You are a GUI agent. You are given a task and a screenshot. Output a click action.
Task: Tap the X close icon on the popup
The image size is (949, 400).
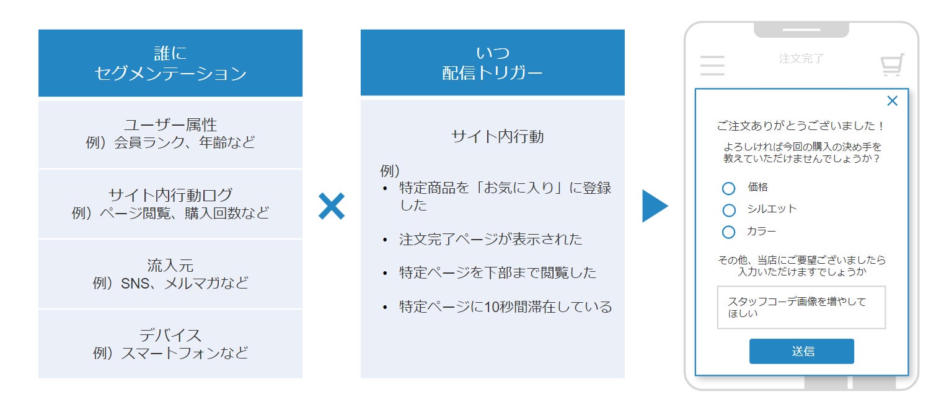click(x=892, y=101)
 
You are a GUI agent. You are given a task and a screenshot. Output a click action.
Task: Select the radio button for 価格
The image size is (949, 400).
click(x=729, y=188)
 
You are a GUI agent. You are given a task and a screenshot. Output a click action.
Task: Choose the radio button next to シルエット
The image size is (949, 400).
click(x=729, y=211)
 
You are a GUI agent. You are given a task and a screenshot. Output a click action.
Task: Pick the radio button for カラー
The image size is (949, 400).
click(x=729, y=232)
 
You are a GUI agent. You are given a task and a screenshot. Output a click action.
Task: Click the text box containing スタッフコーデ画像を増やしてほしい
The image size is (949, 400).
click(x=801, y=307)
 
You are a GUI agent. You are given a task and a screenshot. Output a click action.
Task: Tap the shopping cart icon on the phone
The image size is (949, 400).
click(x=892, y=65)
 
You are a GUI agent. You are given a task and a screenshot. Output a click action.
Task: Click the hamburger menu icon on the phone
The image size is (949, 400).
click(x=712, y=65)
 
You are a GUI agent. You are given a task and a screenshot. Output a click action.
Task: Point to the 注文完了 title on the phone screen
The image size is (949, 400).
click(x=801, y=59)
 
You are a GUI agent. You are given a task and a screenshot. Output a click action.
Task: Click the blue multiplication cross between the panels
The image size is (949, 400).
click(x=332, y=206)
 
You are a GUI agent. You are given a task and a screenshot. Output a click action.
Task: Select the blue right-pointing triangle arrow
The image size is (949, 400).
click(x=654, y=206)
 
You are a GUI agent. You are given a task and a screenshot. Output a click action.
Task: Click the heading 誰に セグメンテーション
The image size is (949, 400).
click(x=170, y=63)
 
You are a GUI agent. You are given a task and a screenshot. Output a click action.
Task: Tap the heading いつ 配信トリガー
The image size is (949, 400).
click(x=492, y=63)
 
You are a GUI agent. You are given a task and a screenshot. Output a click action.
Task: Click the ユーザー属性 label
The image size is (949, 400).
click(x=170, y=125)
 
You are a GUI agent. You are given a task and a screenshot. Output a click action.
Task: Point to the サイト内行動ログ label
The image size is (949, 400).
click(x=170, y=195)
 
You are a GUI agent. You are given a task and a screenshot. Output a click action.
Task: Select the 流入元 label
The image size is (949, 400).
click(x=170, y=266)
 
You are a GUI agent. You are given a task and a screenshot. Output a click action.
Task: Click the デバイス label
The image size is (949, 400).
click(x=170, y=335)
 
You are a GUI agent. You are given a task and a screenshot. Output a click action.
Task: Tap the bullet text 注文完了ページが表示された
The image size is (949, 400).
click(x=491, y=239)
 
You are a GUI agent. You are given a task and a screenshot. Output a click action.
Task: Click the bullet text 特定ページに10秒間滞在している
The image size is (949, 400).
click(x=505, y=307)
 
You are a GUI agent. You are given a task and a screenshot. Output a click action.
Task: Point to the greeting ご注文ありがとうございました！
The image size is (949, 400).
click(x=801, y=126)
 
